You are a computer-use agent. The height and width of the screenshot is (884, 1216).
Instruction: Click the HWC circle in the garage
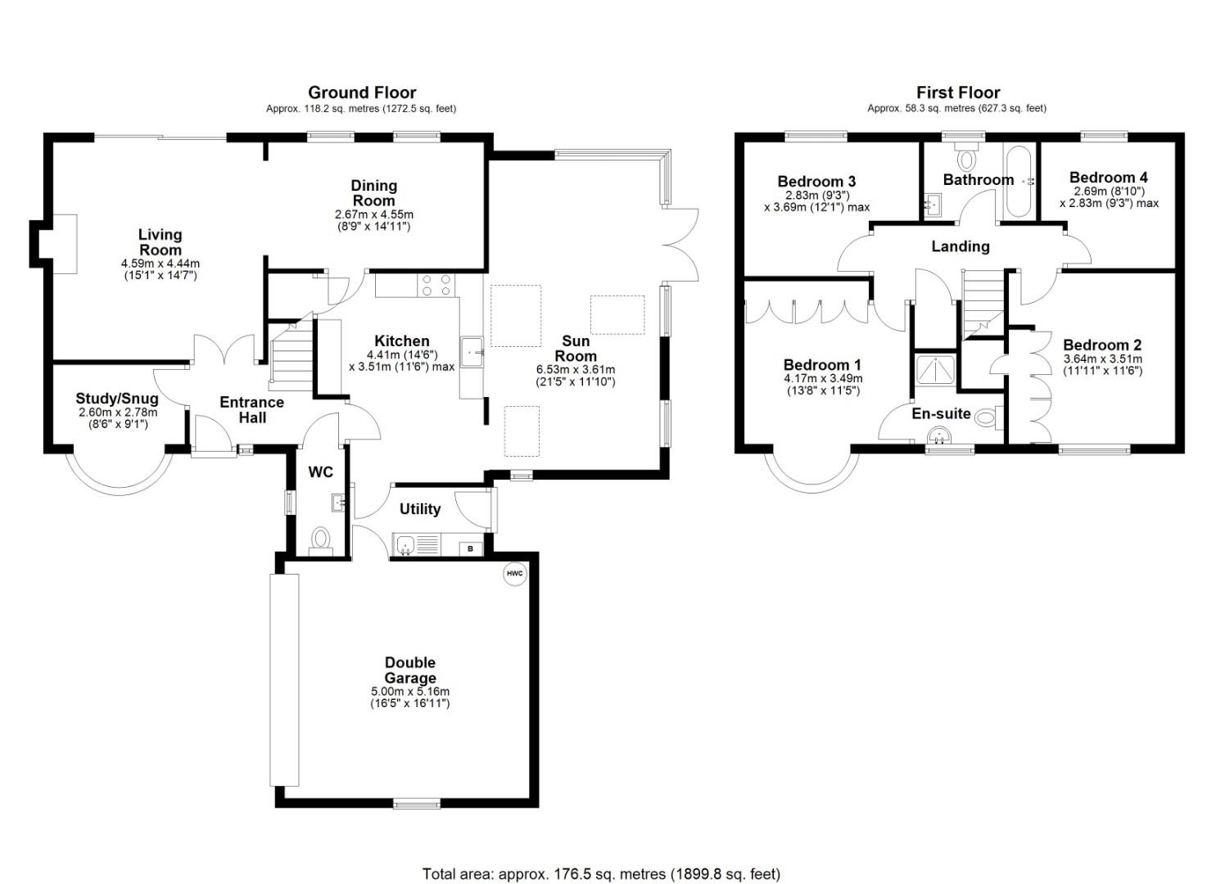coord(513,574)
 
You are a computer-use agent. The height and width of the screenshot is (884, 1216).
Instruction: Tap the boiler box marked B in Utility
coord(470,548)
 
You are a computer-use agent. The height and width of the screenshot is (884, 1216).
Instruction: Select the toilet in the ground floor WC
coord(320,539)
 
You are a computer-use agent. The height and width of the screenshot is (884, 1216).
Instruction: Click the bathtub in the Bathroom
coord(1019,181)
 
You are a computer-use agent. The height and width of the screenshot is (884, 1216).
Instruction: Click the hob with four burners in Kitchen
coord(437,284)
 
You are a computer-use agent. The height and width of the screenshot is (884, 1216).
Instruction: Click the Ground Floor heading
coord(362,92)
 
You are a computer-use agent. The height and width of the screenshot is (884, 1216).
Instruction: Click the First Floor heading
coord(957,92)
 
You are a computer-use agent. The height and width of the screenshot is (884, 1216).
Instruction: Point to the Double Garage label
coord(410,670)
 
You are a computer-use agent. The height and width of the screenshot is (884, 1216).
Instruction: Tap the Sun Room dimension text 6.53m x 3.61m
coord(575,369)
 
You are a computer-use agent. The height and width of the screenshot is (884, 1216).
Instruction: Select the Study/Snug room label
coord(117,399)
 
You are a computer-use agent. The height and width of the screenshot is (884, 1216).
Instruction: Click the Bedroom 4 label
coord(1108,177)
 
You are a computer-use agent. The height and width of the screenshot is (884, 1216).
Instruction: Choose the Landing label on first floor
coord(960,246)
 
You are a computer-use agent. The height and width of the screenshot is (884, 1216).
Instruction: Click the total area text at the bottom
coord(601,873)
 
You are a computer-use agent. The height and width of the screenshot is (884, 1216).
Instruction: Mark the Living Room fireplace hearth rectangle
coord(66,244)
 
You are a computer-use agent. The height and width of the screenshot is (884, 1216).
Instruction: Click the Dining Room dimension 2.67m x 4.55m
coord(373,214)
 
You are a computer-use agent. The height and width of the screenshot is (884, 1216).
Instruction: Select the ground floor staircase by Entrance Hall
coord(292,355)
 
